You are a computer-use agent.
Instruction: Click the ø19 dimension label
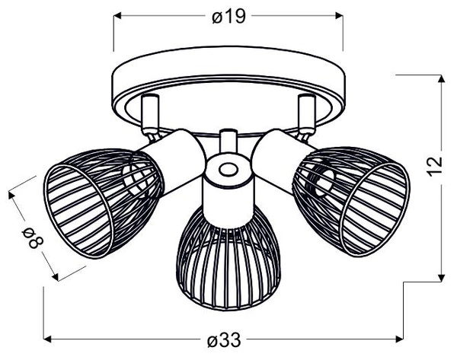click(228, 16)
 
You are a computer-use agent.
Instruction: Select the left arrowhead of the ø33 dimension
click(47, 337)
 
